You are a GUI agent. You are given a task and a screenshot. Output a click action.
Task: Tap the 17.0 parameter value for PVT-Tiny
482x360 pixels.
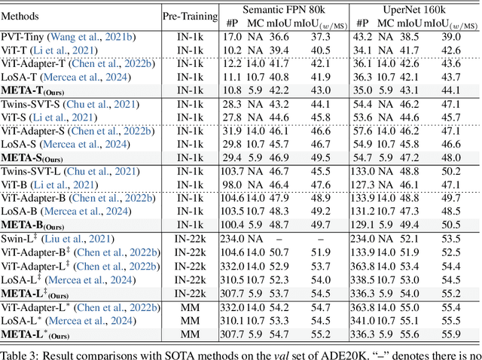pyautogui.click(x=233, y=35)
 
